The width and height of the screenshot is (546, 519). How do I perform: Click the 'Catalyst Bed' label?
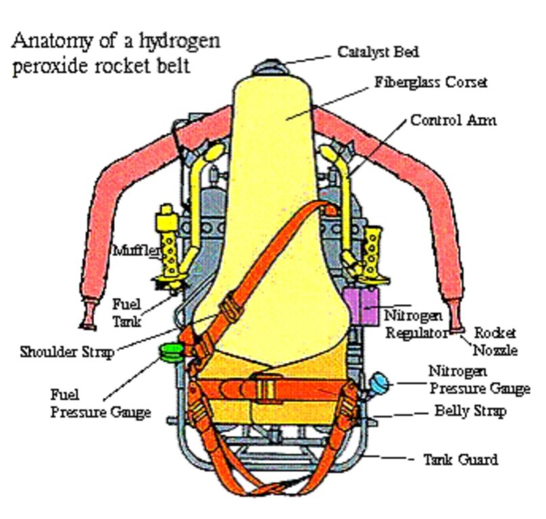click(x=378, y=51)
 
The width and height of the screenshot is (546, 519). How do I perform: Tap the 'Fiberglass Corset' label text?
click(x=431, y=83)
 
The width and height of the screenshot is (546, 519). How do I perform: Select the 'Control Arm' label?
click(x=453, y=120)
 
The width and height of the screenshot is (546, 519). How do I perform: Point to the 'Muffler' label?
click(x=137, y=251)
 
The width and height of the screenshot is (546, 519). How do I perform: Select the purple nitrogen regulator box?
click(x=361, y=303)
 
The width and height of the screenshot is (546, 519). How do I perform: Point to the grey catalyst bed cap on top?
click(x=267, y=67)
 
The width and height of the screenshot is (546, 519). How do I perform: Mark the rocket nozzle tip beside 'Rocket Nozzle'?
click(x=457, y=329)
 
